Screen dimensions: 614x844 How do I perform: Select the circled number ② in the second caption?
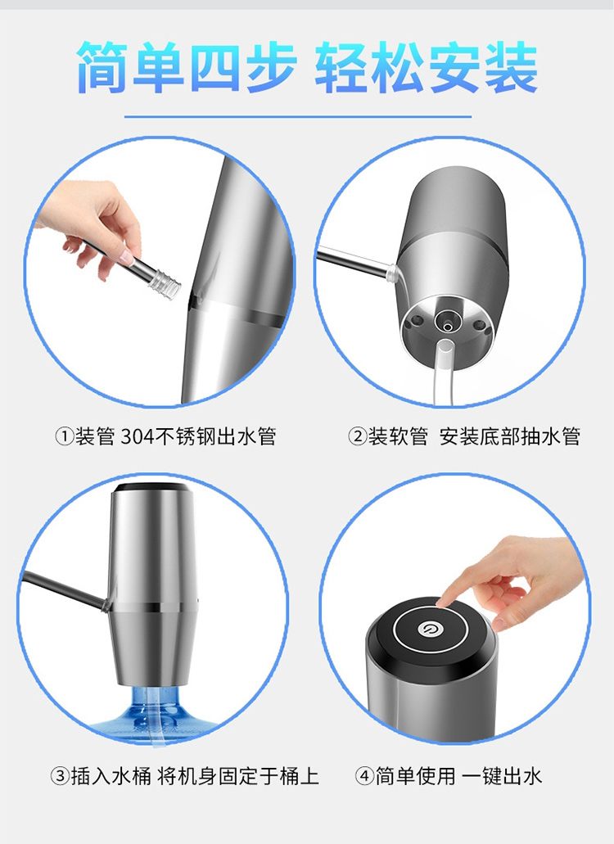click(x=357, y=436)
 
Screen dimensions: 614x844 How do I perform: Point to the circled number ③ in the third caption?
click(x=60, y=777)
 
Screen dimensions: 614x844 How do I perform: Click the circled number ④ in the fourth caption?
click(x=364, y=777)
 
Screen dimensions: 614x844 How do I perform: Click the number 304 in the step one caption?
click(x=138, y=436)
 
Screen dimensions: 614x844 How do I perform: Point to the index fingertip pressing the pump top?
click(x=445, y=600)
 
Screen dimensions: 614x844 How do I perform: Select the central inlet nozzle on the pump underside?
click(x=446, y=323)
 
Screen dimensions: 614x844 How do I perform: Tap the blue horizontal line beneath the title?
click(x=298, y=115)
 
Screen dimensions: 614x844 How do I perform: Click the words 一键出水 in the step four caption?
click(x=502, y=777)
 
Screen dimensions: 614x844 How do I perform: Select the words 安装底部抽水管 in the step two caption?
click(x=510, y=436)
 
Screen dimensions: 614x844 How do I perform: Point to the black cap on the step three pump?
click(x=152, y=488)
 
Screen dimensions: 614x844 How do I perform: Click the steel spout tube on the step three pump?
click(x=64, y=592)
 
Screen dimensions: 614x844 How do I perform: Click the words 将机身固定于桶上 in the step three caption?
click(x=238, y=777)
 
